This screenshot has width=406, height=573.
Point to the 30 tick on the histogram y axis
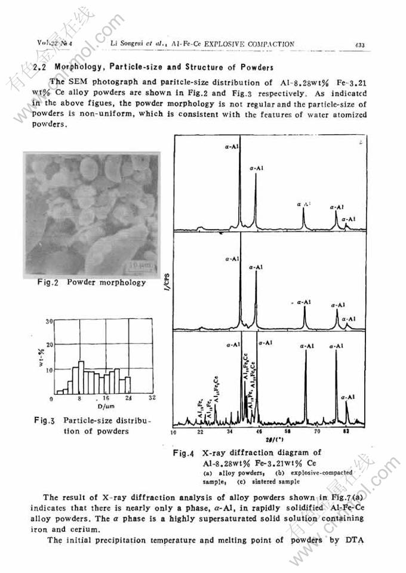[x=50, y=321]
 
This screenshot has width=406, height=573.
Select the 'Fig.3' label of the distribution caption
[x=44, y=419]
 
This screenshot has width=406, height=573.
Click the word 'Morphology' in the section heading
[x=76, y=67]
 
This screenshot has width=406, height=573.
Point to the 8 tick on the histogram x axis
[x=79, y=397]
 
